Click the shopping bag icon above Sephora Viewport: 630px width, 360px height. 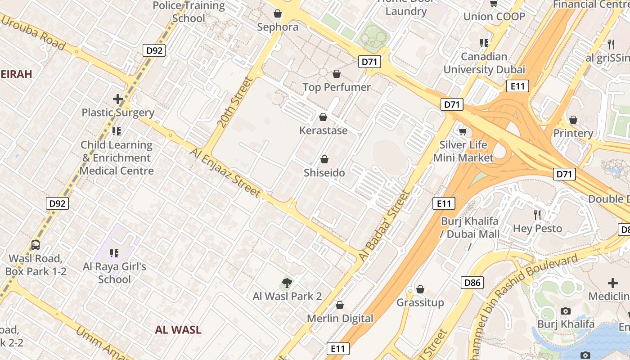click(278, 14)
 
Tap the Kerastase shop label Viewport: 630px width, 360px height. click(324, 130)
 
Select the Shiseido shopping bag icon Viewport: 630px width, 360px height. click(324, 159)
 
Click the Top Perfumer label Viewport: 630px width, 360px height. click(337, 87)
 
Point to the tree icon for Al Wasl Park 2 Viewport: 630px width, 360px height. click(287, 283)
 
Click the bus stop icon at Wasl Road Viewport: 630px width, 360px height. click(36, 245)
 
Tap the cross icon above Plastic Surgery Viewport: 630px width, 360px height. click(118, 99)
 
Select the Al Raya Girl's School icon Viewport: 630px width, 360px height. click(114, 253)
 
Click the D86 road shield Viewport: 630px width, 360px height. click(472, 283)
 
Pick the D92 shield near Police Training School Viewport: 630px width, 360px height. click(154, 50)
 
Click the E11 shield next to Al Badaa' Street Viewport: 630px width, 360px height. click(444, 203)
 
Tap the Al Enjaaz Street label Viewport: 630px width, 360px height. click(225, 173)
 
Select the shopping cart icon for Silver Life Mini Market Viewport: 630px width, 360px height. click(463, 131)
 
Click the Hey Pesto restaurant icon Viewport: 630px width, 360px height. click(537, 215)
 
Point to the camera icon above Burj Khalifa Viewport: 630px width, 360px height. click(566, 311)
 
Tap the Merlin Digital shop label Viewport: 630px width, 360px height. click(340, 318)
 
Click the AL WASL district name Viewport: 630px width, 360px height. click(178, 329)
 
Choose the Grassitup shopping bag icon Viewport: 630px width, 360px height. click(420, 289)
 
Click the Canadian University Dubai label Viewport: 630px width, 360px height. click(484, 63)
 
